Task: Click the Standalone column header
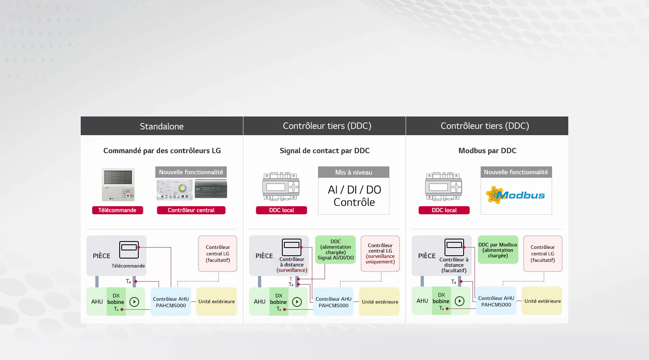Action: click(161, 126)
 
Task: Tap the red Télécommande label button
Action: click(117, 210)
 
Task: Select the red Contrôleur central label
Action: click(191, 210)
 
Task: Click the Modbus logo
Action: click(516, 195)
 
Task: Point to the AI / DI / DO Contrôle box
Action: click(354, 196)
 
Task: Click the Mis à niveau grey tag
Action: click(354, 172)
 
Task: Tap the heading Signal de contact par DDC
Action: click(324, 151)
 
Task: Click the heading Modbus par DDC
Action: click(487, 151)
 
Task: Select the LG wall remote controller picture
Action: click(118, 185)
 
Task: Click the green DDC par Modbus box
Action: click(498, 250)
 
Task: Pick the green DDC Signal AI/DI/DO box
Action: click(335, 250)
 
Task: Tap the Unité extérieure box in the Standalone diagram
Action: click(217, 302)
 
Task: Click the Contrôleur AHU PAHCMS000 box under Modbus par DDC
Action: click(496, 301)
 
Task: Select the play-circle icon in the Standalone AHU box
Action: click(134, 302)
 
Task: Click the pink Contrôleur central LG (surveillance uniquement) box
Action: click(380, 254)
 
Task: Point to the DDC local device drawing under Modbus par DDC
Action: click(443, 187)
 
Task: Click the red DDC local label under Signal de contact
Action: click(282, 210)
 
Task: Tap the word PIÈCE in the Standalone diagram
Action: click(101, 256)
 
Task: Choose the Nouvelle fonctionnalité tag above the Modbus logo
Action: click(516, 172)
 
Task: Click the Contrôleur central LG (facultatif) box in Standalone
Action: click(217, 254)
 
